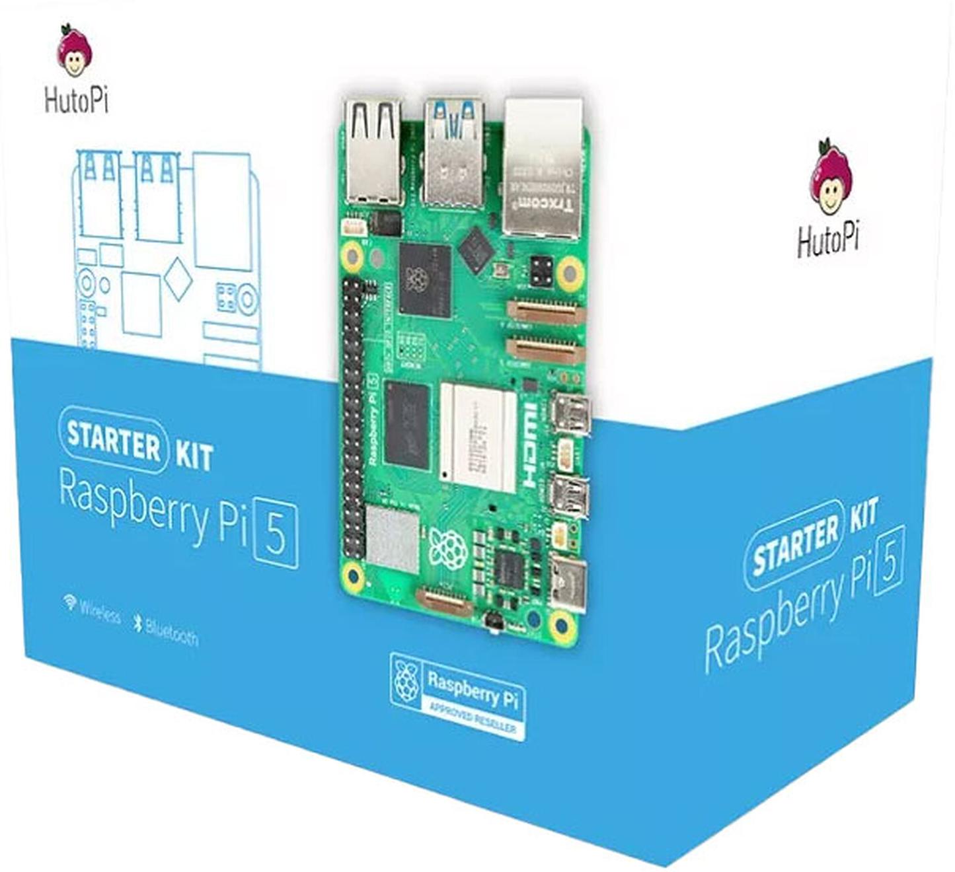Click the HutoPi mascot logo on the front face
point(75,51)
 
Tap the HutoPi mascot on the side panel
point(830,177)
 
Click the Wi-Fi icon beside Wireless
point(69,602)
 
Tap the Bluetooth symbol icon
point(138,622)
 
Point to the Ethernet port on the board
point(543,168)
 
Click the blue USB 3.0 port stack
point(453,153)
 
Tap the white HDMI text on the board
point(530,445)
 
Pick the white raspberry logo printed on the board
point(448,548)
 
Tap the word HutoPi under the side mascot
point(828,240)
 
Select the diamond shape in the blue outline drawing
point(177,279)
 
